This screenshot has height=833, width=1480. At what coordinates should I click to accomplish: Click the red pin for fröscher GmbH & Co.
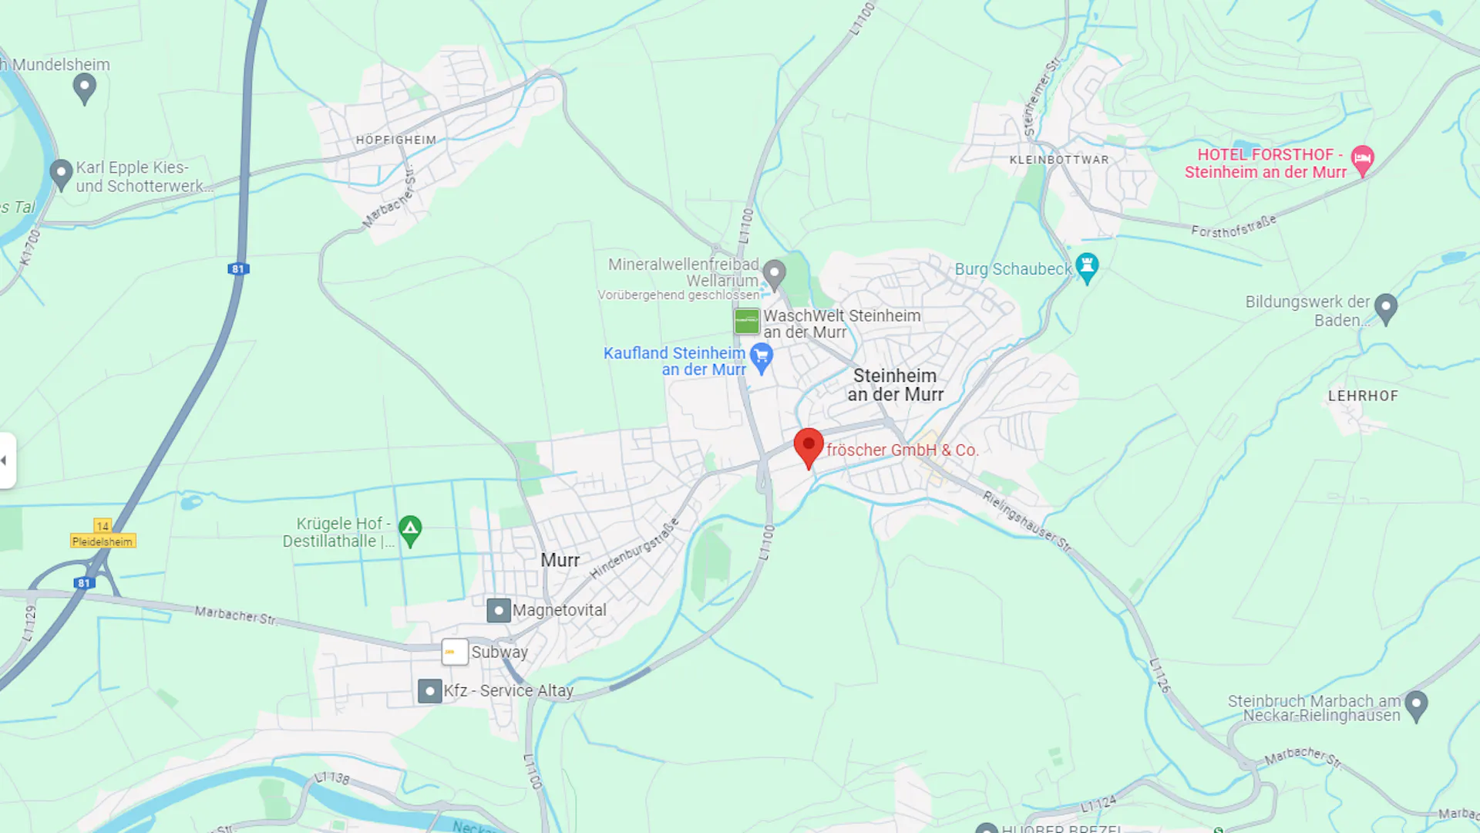pyautogui.click(x=809, y=447)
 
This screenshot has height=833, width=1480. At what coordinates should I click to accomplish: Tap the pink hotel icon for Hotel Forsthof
pyautogui.click(x=1362, y=159)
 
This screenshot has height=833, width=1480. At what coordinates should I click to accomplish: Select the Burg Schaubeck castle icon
pyautogui.click(x=1087, y=267)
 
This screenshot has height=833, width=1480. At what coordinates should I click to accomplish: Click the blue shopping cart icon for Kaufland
pyautogui.click(x=762, y=357)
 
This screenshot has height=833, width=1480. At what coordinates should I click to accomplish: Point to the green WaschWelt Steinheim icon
pyautogui.click(x=746, y=321)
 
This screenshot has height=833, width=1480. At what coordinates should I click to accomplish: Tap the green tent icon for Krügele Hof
pyautogui.click(x=410, y=530)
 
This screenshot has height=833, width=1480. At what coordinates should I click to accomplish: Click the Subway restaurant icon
pyautogui.click(x=455, y=652)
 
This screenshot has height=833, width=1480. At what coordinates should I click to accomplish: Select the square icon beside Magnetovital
pyautogui.click(x=499, y=610)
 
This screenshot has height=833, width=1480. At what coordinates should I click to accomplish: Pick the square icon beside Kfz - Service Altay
pyautogui.click(x=429, y=690)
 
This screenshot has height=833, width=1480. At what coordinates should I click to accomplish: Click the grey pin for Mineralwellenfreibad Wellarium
pyautogui.click(x=774, y=272)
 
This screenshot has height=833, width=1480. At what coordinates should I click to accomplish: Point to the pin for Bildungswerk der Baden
pyautogui.click(x=1386, y=308)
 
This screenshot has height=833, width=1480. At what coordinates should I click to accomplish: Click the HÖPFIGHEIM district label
pyautogui.click(x=396, y=140)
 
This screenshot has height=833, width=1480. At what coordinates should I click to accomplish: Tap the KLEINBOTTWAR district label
pyautogui.click(x=1059, y=160)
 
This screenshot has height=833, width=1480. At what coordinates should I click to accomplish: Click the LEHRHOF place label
pyautogui.click(x=1362, y=396)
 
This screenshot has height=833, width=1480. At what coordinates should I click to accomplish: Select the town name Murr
pyautogui.click(x=560, y=560)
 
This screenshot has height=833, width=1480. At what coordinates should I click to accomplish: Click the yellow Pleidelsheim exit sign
pyautogui.click(x=103, y=541)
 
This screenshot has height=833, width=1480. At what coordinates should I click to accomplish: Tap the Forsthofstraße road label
pyautogui.click(x=1233, y=227)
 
